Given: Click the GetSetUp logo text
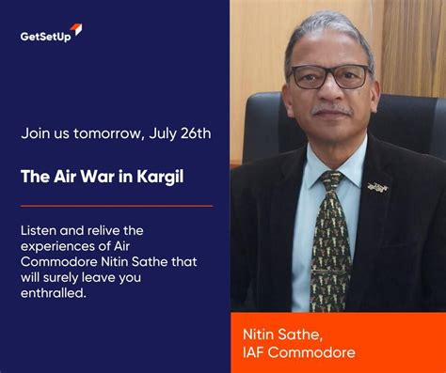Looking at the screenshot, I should click(x=44, y=37).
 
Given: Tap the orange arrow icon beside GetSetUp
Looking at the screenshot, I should click(x=76, y=31).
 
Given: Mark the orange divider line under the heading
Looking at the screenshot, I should click(x=116, y=205).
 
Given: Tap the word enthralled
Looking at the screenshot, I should click(x=55, y=294).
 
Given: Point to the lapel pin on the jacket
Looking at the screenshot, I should click(x=378, y=188).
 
